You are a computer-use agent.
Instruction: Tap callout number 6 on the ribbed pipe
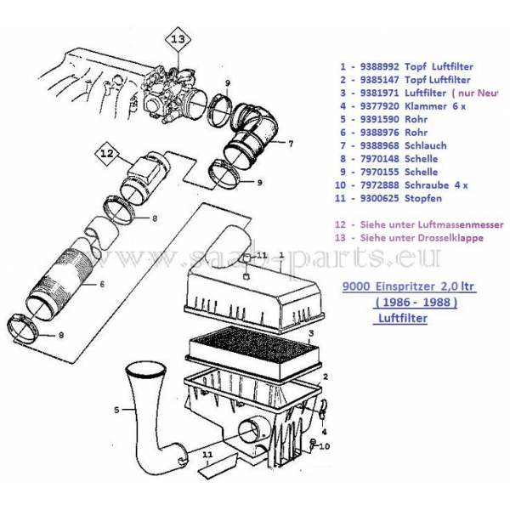tap(101, 284)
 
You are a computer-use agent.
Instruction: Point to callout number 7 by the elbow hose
tap(291, 144)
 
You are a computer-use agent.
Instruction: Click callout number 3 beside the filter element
tap(313, 334)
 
